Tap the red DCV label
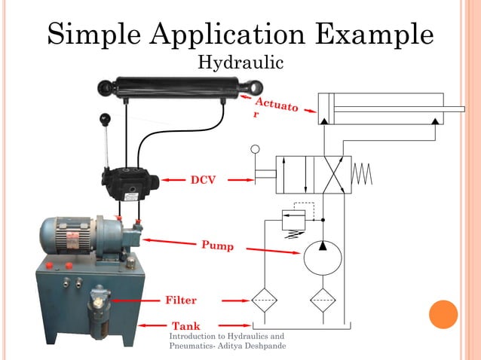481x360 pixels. tap(203, 180)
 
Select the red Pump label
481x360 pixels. tap(217, 246)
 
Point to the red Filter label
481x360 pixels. tap(181, 300)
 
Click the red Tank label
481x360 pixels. tap(185, 325)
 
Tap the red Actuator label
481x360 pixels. tap(276, 108)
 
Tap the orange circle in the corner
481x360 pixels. tap(443, 315)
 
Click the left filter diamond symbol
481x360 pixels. tap(264, 300)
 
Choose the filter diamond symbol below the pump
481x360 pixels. tap(322, 300)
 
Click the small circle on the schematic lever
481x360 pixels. tap(256, 150)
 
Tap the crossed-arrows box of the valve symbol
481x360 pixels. tap(332, 175)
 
